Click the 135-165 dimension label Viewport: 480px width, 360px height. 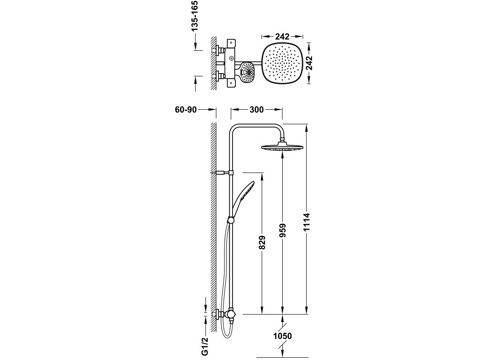point(194,16)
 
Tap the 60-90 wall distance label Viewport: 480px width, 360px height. point(186,110)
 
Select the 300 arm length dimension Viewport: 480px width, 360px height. point(256,110)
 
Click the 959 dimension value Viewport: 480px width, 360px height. point(282,231)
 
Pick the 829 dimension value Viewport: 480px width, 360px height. point(262,243)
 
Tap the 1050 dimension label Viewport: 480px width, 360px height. point(283,336)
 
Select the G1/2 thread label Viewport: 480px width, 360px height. point(205,346)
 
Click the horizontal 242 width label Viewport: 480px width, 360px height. point(282,37)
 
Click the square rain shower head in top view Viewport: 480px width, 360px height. point(282,63)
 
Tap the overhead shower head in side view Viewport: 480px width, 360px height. point(282,147)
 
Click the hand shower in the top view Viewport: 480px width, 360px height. point(247,72)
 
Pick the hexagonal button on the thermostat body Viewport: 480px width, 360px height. point(231,58)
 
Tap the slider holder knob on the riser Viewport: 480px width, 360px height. point(231,220)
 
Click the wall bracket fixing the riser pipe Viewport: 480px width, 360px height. point(223,173)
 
